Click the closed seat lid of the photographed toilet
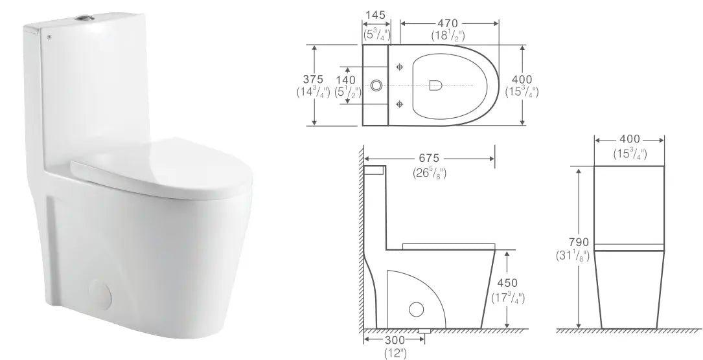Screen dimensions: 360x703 click(163, 164)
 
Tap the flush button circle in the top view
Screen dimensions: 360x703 click(376, 85)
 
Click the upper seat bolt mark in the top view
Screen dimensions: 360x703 click(399, 67)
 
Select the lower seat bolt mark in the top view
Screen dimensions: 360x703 click(399, 103)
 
